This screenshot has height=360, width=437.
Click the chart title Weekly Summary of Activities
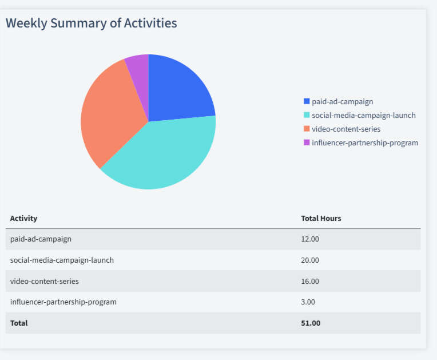(x=92, y=23)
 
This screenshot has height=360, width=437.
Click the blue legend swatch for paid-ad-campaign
(x=307, y=101)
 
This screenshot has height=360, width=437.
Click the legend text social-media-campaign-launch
(x=363, y=115)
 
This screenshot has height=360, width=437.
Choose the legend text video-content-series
(x=345, y=129)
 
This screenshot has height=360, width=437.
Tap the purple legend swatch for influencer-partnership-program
(x=307, y=143)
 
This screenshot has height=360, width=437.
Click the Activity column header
(x=23, y=218)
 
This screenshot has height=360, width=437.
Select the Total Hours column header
(x=321, y=218)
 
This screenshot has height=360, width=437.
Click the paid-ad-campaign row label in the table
(x=41, y=239)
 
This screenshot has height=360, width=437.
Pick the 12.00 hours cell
(x=310, y=239)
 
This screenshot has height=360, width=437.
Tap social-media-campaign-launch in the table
(x=62, y=260)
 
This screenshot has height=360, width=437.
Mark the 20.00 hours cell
(x=310, y=260)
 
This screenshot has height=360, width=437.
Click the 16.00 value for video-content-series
(x=310, y=281)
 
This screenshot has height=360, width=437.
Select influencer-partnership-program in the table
(x=63, y=302)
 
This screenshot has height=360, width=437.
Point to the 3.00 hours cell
(x=308, y=302)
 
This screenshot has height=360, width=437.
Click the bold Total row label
(x=19, y=323)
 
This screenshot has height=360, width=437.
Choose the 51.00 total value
(x=311, y=323)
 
